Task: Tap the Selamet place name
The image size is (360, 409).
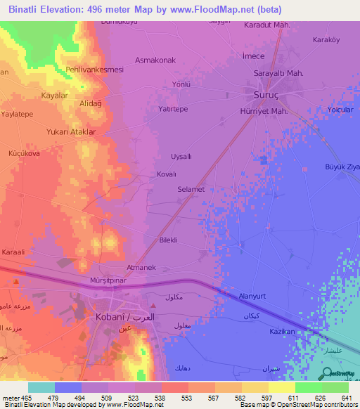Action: [x=191, y=189]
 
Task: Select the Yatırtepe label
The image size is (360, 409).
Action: [x=172, y=109]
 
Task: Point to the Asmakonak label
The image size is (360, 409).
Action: [x=155, y=60]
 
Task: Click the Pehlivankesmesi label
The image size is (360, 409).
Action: [x=94, y=70]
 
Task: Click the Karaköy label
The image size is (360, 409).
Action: [x=326, y=39]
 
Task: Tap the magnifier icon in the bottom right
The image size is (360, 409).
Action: [x=328, y=375]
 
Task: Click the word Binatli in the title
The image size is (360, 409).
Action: [x=27, y=10]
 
